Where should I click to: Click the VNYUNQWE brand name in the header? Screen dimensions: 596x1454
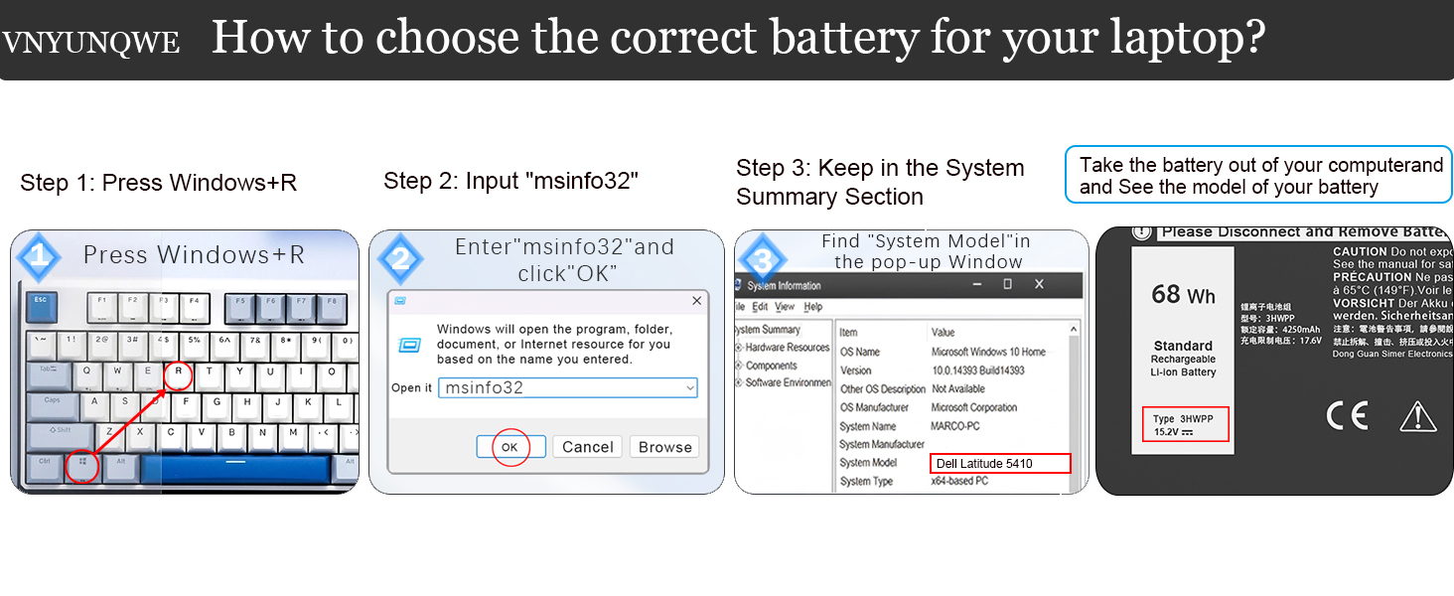[x=91, y=43]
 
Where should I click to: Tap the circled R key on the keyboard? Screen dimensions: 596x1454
[x=178, y=375]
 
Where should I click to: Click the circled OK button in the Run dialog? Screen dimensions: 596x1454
[x=509, y=447]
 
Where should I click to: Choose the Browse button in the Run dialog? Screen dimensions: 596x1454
[x=664, y=447]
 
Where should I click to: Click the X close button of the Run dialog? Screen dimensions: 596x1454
[x=695, y=300]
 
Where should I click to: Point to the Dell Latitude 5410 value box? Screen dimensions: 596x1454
[x=1000, y=463]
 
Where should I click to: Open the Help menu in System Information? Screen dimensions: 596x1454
[x=813, y=307]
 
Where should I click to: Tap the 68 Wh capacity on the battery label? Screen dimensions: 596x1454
[x=1183, y=295]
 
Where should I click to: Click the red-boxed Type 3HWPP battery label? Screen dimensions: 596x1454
[x=1185, y=425]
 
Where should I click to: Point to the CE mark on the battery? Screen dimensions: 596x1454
[x=1347, y=415]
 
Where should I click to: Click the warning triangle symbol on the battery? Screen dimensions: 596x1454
[x=1417, y=416]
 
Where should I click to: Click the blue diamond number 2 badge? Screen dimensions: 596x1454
[x=400, y=259]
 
